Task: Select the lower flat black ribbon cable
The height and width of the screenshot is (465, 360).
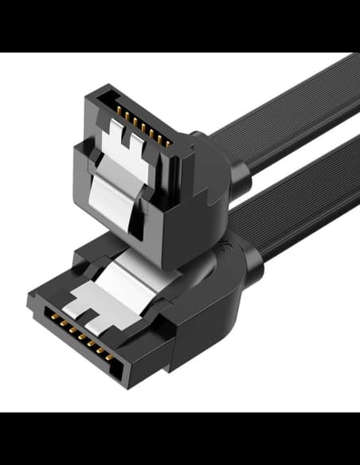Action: pos(303,207)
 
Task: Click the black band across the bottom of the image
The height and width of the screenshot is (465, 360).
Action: pos(180,438)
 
